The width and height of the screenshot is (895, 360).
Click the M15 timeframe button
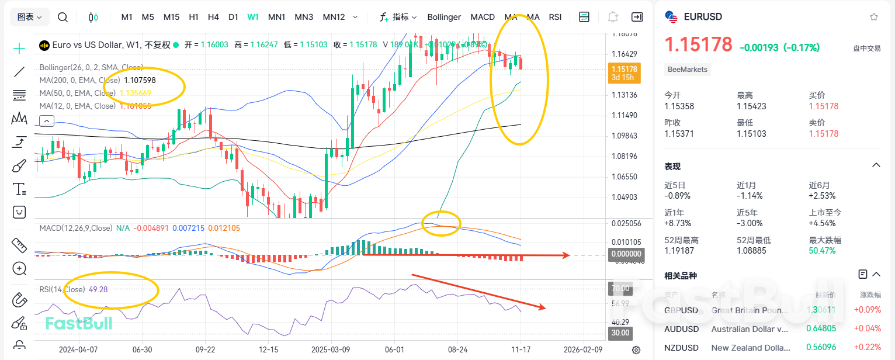[x=171, y=17]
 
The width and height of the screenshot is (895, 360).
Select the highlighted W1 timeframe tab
[x=253, y=17]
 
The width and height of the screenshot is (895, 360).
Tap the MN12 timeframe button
[x=334, y=17]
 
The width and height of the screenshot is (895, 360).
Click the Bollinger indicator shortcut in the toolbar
[x=444, y=17]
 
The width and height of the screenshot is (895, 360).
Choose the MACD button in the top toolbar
[x=483, y=17]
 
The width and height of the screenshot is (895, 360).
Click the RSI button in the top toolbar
[x=555, y=17]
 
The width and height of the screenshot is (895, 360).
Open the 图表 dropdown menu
[x=29, y=17]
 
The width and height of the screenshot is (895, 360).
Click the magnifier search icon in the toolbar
[x=63, y=17]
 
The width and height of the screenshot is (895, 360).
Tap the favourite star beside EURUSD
[x=874, y=17]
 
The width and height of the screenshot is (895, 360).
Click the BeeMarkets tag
[x=688, y=70]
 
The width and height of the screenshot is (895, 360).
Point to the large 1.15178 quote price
[x=698, y=44]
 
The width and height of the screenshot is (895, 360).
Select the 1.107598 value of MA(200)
[x=140, y=80]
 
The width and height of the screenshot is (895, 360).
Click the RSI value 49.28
[x=98, y=289]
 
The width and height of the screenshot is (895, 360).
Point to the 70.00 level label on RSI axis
[x=620, y=288]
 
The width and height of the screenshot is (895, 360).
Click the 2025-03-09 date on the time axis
[x=331, y=349]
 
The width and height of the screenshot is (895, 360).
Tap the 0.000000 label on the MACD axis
[x=625, y=254]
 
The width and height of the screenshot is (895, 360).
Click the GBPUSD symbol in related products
[x=681, y=310]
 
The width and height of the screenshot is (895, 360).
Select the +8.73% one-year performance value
[x=677, y=223]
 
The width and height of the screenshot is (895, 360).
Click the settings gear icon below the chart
[x=636, y=350]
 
